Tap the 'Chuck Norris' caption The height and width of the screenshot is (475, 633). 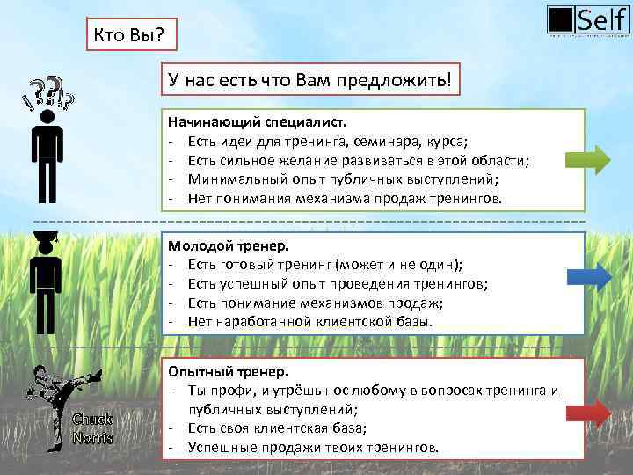(x=92, y=427)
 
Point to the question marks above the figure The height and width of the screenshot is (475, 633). (x=49, y=91)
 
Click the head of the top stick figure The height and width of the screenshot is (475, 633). (x=47, y=116)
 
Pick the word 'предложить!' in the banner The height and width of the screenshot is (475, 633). (x=405, y=80)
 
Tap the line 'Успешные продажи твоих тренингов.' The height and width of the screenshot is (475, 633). (x=312, y=447)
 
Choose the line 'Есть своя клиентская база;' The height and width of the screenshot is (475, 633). (x=277, y=428)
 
